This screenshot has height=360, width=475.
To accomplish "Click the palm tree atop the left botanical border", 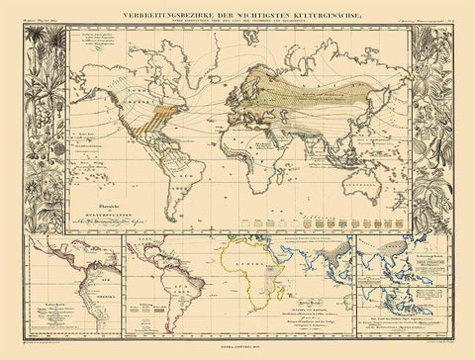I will [38, 35].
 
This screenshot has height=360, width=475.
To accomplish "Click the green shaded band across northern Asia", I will [317, 79].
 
